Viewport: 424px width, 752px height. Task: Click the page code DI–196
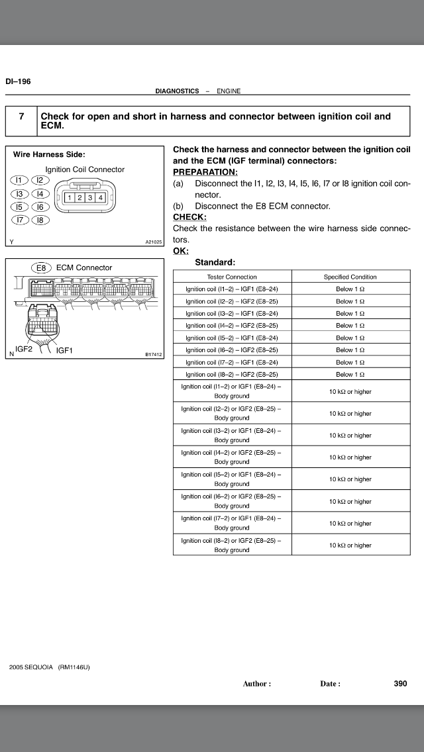pyautogui.click(x=18, y=81)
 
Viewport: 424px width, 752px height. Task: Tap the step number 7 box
pyautogui.click(x=22, y=117)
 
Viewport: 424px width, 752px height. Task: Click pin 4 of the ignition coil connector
pyautogui.click(x=101, y=197)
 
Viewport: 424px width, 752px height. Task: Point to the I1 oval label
pyautogui.click(x=19, y=180)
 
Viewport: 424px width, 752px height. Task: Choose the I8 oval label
pyautogui.click(x=40, y=220)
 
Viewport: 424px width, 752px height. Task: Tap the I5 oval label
pyautogui.click(x=19, y=207)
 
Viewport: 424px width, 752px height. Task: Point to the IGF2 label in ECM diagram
pyautogui.click(x=24, y=348)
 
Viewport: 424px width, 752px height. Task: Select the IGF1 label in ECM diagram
pyautogui.click(x=65, y=350)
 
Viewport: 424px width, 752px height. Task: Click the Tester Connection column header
pyautogui.click(x=232, y=277)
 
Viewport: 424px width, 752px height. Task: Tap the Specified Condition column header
pyautogui.click(x=350, y=277)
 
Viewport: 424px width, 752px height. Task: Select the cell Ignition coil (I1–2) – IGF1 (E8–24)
pyautogui.click(x=232, y=289)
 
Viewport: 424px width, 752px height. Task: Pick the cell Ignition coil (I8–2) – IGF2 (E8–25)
pyautogui.click(x=232, y=374)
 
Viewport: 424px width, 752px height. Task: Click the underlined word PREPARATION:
pyautogui.click(x=205, y=171)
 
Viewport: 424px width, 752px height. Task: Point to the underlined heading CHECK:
pyautogui.click(x=189, y=216)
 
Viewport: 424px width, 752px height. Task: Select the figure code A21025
pyautogui.click(x=154, y=242)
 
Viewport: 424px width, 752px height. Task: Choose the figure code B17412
pyautogui.click(x=154, y=355)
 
